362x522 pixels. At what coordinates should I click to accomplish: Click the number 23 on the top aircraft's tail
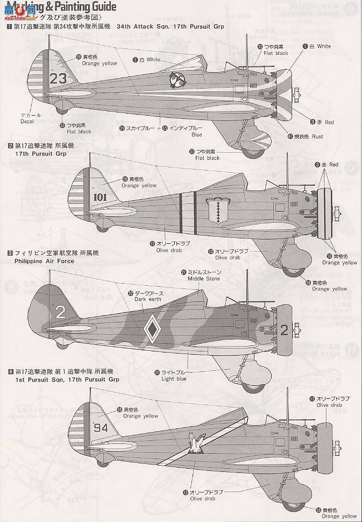[58, 78]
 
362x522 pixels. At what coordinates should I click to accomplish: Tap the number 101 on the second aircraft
[100, 197]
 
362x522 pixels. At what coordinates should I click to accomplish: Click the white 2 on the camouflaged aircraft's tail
[60, 311]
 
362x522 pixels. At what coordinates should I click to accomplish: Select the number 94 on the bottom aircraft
[101, 428]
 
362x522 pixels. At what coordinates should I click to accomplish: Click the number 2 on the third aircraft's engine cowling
[285, 330]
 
